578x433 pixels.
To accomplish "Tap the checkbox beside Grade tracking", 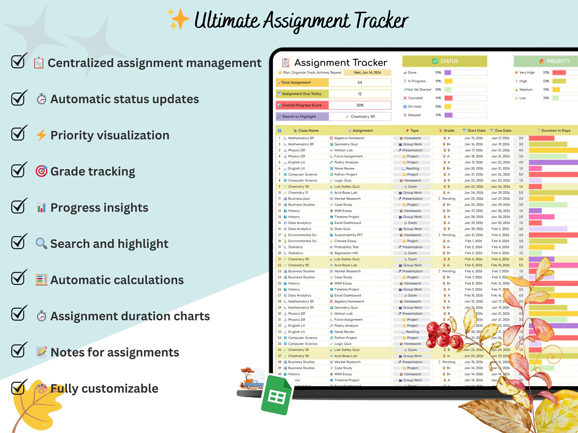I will coord(18,170).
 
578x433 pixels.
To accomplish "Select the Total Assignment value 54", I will coord(360,82).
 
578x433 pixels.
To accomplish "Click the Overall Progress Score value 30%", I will coord(360,105).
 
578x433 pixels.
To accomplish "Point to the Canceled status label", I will coord(415,98).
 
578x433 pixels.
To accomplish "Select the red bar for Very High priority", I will coord(559,73).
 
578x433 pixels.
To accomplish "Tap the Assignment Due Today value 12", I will coord(360,94).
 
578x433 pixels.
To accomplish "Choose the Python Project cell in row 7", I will coord(345,174).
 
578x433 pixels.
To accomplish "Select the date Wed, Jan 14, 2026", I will coord(367,73).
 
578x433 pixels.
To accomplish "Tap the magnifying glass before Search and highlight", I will coord(41,243).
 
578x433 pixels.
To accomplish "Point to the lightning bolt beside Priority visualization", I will coord(41,135).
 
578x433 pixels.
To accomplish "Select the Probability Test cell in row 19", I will coord(346,247).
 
